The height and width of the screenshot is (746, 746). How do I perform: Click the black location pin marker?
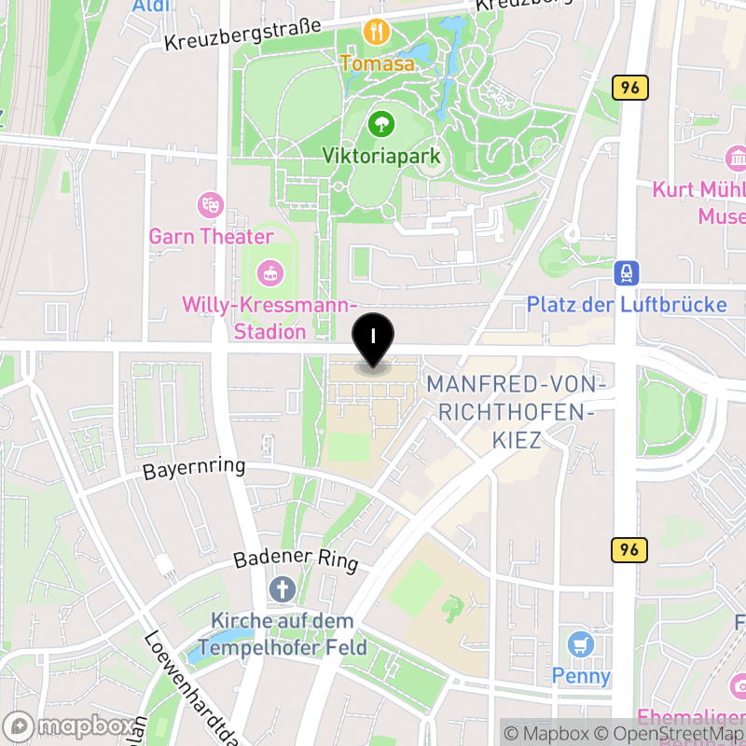[373, 340]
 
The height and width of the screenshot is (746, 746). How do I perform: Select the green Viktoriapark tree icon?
[380, 123]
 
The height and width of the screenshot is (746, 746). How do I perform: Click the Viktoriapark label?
[380, 156]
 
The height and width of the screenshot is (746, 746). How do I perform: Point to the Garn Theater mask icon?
[211, 204]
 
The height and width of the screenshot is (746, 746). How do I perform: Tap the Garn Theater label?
[211, 237]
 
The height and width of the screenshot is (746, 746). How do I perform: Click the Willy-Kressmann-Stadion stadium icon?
[269, 273]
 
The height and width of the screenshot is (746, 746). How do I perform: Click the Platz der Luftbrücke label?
[627, 305]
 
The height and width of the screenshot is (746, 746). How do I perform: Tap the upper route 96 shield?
[630, 89]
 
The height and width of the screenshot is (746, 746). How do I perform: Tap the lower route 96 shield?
[629, 550]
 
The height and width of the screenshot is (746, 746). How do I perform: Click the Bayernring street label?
[194, 468]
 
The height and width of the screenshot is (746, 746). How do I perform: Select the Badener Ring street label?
[296, 559]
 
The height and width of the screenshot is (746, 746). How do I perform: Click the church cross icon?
[281, 589]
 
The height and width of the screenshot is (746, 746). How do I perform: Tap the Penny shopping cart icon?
[581, 643]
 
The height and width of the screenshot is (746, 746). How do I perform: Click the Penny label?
[581, 675]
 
